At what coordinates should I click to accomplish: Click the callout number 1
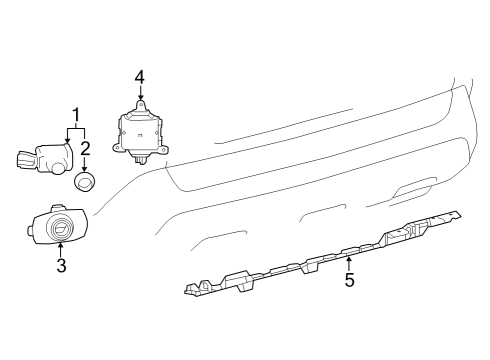click(x=76, y=115)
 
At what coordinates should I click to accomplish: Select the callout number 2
click(x=85, y=148)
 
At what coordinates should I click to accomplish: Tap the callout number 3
click(x=61, y=265)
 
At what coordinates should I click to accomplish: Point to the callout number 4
click(x=140, y=77)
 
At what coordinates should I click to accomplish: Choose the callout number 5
click(x=349, y=280)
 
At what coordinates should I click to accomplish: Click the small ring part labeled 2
click(x=84, y=182)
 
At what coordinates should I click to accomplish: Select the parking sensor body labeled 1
click(x=45, y=159)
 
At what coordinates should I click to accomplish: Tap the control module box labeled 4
click(x=140, y=133)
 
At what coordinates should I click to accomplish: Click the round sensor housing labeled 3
click(x=58, y=225)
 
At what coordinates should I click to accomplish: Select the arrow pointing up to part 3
click(x=60, y=250)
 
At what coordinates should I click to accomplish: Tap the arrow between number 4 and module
click(x=141, y=92)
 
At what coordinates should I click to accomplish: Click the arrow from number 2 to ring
click(x=85, y=164)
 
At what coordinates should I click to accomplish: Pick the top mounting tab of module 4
click(x=140, y=105)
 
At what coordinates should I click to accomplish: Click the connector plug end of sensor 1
click(x=25, y=159)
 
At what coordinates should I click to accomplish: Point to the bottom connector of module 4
click(x=140, y=160)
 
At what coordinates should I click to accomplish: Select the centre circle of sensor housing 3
click(x=61, y=228)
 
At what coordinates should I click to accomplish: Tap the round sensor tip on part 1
click(x=59, y=169)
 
